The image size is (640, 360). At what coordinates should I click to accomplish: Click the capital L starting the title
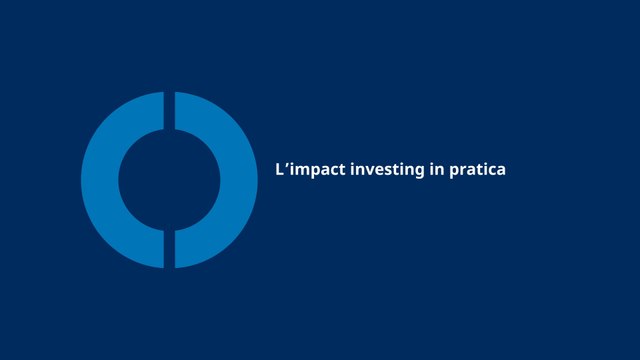coord(279,170)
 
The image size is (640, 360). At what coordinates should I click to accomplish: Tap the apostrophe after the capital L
coord(287,165)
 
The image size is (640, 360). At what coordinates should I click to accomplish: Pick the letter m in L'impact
coord(300,171)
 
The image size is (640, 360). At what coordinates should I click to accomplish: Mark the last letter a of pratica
coord(501,171)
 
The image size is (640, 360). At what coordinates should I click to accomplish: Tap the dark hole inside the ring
coord(169,180)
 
